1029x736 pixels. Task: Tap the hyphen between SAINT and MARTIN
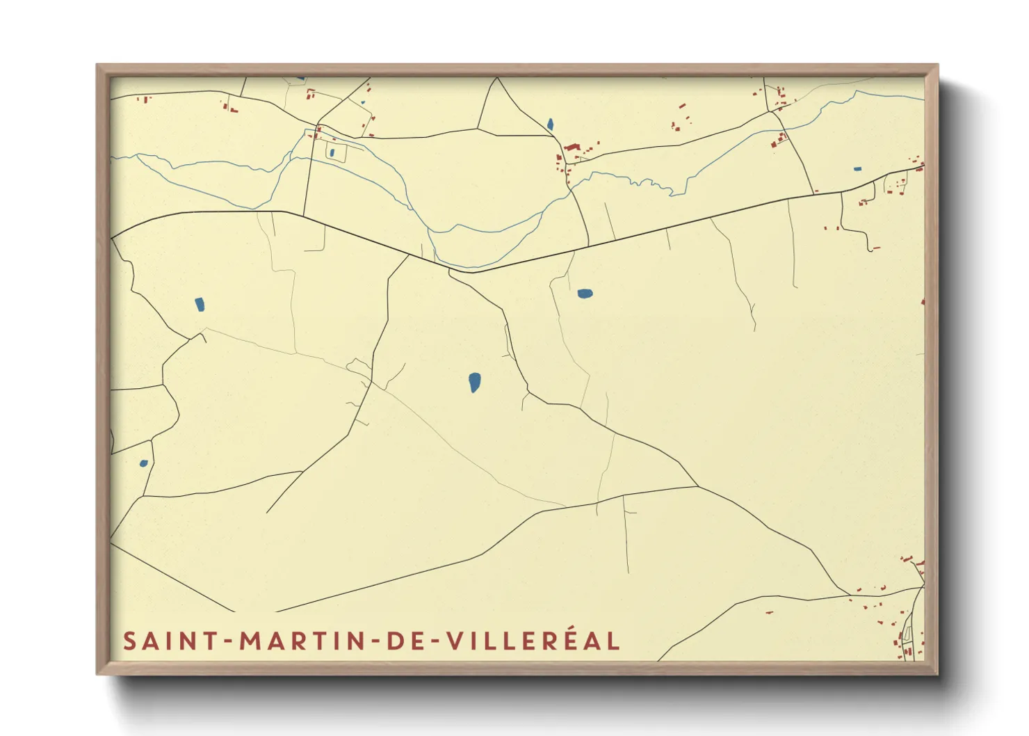[x=229, y=641]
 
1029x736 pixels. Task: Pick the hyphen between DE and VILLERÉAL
[x=433, y=641]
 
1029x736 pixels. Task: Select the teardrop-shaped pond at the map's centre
[x=474, y=382]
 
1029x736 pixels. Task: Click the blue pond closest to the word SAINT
[x=144, y=463]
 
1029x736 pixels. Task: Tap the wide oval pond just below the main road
[x=585, y=294]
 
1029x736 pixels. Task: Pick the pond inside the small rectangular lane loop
[x=332, y=152]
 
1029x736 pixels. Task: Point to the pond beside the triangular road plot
[x=550, y=125]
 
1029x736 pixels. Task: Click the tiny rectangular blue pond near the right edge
[x=857, y=168]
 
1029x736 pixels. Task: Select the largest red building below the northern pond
[x=572, y=147]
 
